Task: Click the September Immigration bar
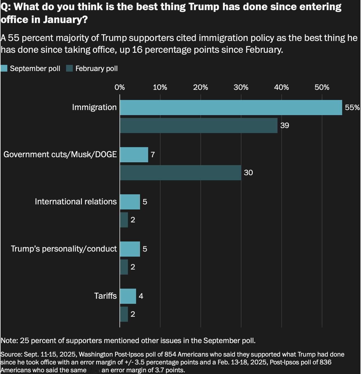coord(231,107)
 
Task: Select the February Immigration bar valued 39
coord(199,125)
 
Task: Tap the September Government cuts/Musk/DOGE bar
coord(134,155)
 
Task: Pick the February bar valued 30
coord(180,172)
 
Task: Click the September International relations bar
coord(130,202)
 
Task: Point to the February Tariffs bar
coord(124,314)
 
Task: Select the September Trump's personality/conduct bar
coord(130,249)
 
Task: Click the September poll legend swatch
coord(4,68)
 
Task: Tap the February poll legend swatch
coord(69,68)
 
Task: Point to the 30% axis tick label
coord(241,87)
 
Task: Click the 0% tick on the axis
coord(120,87)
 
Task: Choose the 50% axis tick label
coord(322,87)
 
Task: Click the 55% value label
coord(352,107)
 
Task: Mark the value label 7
coord(153,155)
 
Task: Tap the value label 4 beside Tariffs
coord(141,296)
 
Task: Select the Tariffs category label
coord(105,296)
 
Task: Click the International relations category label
coord(76,202)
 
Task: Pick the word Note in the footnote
coord(9,340)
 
